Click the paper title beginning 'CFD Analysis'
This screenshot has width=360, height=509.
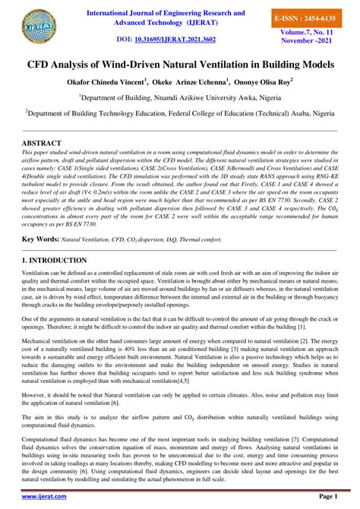180,66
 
